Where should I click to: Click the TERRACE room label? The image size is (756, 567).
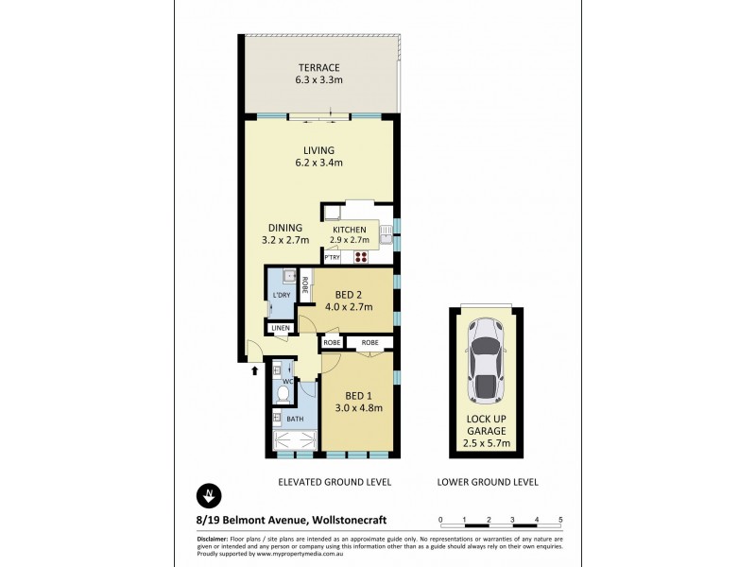click(318, 67)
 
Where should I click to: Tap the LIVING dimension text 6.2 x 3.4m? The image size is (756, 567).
click(318, 163)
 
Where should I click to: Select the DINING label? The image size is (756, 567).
click(284, 228)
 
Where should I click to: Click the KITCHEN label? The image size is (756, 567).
click(349, 230)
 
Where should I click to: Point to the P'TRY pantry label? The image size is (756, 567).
click(332, 257)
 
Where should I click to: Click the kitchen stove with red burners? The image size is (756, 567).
click(361, 256)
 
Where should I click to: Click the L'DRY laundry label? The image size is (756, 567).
click(281, 296)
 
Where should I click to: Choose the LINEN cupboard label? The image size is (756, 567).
click(280, 329)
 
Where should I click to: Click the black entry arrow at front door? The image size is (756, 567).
click(253, 370)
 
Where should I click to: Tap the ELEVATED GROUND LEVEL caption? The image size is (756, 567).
click(335, 482)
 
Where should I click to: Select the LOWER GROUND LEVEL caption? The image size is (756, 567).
click(488, 482)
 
